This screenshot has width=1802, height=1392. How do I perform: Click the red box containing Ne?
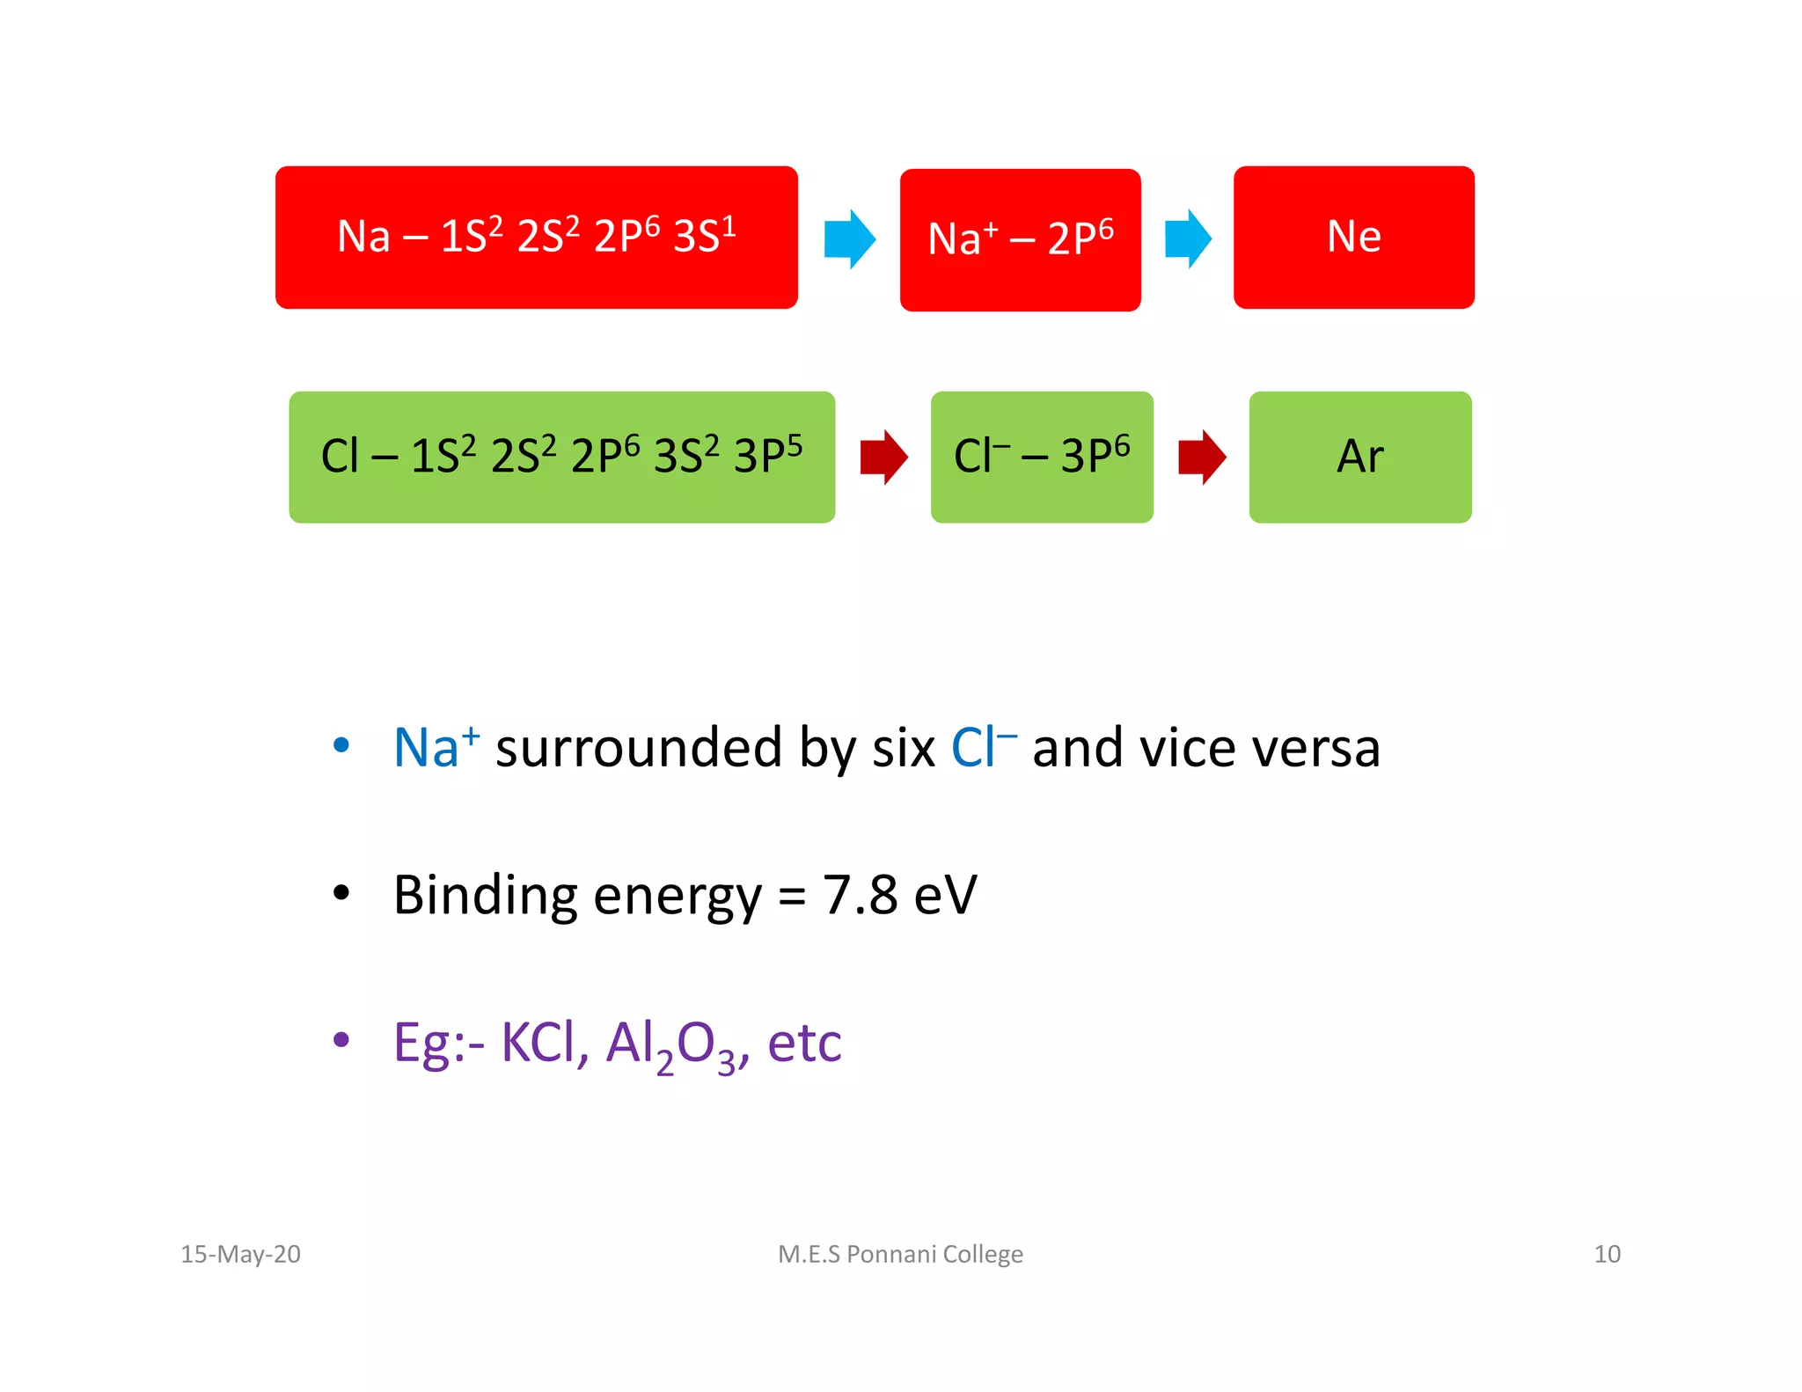[x=1353, y=238]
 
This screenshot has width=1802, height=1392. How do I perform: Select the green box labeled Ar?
[x=1359, y=457]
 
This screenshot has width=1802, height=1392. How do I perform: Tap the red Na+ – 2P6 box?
[x=1020, y=239]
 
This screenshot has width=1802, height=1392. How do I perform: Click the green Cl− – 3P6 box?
[x=1042, y=457]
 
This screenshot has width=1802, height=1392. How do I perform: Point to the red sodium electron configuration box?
[x=536, y=238]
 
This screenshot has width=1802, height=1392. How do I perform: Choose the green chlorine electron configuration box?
[x=561, y=457]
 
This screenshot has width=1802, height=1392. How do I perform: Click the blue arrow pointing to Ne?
[x=1188, y=238]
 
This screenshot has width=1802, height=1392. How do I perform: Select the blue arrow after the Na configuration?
[x=849, y=238]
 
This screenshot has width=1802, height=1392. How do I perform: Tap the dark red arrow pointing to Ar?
[x=1202, y=457]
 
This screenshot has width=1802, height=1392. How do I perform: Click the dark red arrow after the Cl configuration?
[x=883, y=457]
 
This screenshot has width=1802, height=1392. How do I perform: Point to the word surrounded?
[x=638, y=748]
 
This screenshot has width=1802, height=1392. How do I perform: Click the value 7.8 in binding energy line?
[x=860, y=896]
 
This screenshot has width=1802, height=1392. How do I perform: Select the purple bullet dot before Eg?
[x=341, y=1041]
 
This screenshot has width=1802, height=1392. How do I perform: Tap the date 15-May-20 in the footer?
[x=240, y=1254]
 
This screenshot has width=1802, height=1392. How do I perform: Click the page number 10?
[x=1607, y=1254]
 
